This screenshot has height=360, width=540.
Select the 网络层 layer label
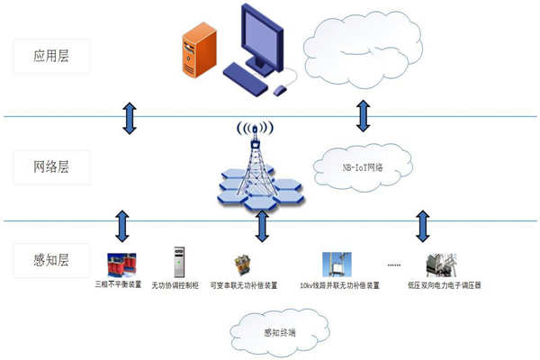[x=52, y=166]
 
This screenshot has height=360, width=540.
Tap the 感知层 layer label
[x=52, y=264]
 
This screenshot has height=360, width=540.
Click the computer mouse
[x=281, y=88]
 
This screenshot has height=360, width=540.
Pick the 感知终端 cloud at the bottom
[x=278, y=332]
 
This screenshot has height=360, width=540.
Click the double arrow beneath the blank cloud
[x=363, y=116]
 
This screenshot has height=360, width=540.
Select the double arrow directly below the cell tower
[x=262, y=226]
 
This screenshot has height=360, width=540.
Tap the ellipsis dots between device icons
[x=393, y=266]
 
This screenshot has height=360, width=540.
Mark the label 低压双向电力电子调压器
[x=445, y=285]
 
